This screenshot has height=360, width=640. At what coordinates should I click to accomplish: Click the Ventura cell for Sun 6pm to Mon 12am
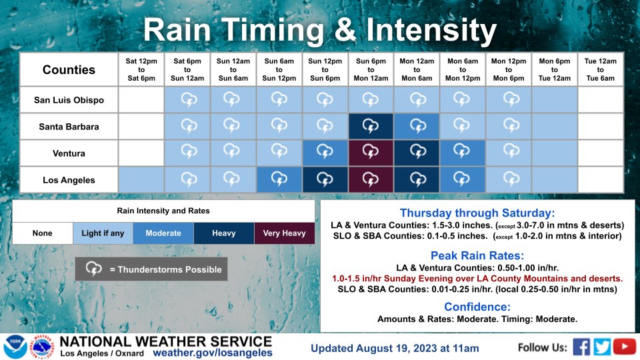click(x=371, y=153)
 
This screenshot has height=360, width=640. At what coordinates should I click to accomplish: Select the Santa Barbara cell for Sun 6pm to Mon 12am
click(x=371, y=127)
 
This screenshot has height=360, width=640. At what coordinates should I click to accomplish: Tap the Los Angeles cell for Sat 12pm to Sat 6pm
click(x=141, y=179)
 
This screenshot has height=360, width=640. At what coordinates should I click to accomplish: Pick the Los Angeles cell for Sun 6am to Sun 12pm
click(x=279, y=179)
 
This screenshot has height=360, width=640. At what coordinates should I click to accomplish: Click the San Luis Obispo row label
click(x=69, y=100)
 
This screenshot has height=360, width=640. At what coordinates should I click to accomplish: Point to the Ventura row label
click(x=69, y=153)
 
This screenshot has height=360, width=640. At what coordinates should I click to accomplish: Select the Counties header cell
click(x=69, y=70)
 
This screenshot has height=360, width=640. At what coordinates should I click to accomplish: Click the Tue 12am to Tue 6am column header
click(x=601, y=69)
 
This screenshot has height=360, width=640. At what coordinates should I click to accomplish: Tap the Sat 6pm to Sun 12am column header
click(x=187, y=69)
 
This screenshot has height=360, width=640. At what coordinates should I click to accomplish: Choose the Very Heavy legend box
click(x=285, y=233)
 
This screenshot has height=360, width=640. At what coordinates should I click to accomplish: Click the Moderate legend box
click(x=163, y=233)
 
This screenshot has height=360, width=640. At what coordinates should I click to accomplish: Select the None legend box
click(x=43, y=233)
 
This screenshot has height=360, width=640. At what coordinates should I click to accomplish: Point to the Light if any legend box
click(x=103, y=233)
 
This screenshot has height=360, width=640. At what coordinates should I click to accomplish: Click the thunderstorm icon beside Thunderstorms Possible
click(x=93, y=269)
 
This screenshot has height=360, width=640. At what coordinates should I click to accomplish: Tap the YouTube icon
click(x=625, y=347)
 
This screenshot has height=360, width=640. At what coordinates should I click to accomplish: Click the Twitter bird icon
click(x=602, y=347)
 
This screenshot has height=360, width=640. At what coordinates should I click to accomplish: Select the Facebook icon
click(x=581, y=347)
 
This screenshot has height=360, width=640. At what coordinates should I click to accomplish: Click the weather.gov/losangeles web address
click(x=213, y=353)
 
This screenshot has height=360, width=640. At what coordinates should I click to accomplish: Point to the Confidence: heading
click(x=477, y=307)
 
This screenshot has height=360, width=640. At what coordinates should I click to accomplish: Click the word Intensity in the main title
click(x=431, y=30)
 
